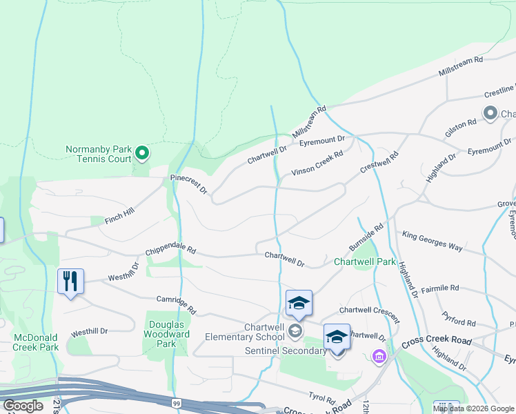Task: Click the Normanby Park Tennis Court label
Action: coord(98,153)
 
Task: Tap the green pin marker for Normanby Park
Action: coord(142,152)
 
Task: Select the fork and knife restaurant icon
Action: coord(70,281)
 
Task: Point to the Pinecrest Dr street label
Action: coord(189,183)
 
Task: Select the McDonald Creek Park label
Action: coord(35,342)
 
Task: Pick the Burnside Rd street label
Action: coord(366,237)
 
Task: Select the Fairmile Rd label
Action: coord(439,288)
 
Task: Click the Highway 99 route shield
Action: coord(177,402)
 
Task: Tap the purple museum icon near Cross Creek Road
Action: coord(379,356)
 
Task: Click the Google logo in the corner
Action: coord(23,406)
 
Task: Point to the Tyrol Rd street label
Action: coord(322,399)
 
